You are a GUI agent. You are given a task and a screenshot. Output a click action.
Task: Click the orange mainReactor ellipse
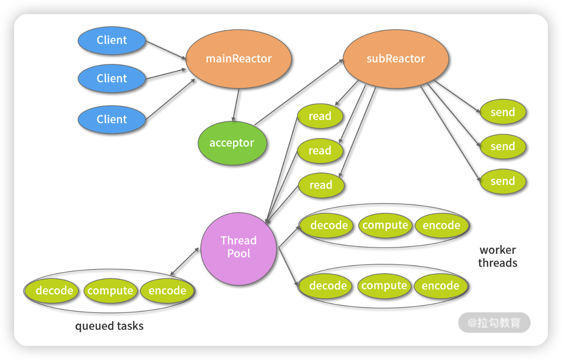click(238, 59)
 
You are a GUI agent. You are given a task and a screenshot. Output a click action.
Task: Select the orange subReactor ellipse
click(396, 59)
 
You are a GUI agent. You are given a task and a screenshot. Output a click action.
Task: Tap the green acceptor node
click(232, 143)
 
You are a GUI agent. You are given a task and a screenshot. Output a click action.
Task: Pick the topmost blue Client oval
click(112, 40)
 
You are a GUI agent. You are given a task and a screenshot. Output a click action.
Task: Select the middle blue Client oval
click(112, 78)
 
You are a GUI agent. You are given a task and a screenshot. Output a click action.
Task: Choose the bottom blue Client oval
click(112, 119)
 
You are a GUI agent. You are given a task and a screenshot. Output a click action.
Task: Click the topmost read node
click(320, 116)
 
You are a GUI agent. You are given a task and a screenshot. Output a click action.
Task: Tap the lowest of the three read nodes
click(321, 185)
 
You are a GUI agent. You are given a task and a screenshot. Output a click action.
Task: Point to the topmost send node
click(502, 112)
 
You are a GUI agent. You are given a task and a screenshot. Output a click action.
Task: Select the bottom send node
click(502, 181)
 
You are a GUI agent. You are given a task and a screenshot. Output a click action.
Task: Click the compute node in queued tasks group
click(110, 291)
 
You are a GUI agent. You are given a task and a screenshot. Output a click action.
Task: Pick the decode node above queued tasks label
click(54, 291)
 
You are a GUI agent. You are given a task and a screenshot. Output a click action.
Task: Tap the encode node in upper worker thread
click(441, 225)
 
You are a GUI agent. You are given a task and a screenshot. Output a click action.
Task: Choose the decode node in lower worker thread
click(328, 286)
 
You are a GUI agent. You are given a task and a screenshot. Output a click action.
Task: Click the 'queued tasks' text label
click(109, 326)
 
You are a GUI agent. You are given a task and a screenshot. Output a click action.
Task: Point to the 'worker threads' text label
click(498, 256)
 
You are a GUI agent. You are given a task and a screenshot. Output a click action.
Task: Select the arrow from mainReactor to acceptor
click(236, 105)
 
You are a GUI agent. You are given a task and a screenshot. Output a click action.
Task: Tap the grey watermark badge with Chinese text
click(494, 323)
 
